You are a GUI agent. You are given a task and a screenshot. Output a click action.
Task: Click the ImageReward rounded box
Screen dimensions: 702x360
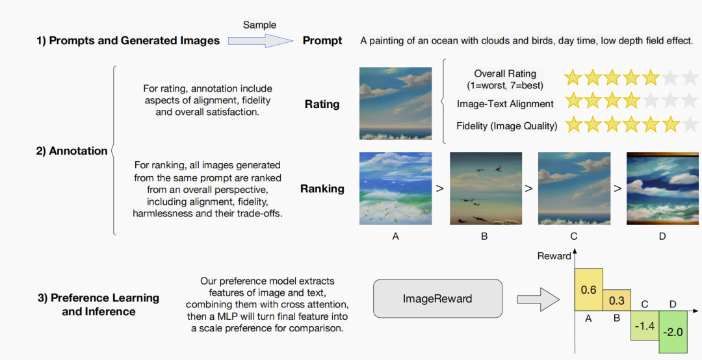(x=437, y=299)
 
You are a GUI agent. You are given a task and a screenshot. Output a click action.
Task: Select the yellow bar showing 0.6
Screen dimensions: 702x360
(x=589, y=290)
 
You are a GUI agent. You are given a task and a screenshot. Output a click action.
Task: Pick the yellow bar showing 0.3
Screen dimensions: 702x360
(x=616, y=300)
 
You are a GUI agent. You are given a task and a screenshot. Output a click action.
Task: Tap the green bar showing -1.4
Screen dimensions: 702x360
(x=645, y=326)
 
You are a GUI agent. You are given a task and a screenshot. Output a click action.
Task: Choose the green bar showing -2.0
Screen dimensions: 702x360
(x=673, y=332)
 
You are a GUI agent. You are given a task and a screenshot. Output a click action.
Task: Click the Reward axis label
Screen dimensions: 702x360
(x=554, y=256)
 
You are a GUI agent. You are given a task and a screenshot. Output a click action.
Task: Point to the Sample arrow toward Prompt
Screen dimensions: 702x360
(x=260, y=41)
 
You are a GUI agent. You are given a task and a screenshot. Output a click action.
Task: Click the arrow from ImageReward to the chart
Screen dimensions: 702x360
(x=538, y=299)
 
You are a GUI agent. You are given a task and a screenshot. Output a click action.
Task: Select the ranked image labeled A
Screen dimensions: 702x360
(x=395, y=188)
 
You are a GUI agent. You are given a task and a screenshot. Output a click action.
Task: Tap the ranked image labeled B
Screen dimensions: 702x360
(x=486, y=188)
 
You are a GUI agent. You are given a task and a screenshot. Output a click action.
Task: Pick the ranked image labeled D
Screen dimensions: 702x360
(x=662, y=188)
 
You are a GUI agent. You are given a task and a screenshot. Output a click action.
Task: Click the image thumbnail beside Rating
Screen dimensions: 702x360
(x=395, y=103)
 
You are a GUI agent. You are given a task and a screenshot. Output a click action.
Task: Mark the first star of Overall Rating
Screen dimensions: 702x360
(x=573, y=77)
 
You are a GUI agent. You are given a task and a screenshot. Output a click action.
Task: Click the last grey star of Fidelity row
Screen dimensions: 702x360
(x=691, y=124)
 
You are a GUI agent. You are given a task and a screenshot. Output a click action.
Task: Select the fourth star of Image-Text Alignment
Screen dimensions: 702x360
(x=631, y=101)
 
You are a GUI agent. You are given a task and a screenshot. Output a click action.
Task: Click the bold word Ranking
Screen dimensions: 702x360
(x=322, y=189)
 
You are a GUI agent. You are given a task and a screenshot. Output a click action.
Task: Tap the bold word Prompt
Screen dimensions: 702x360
(x=322, y=41)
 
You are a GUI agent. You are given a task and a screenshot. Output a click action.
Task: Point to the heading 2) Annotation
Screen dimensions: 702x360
(x=71, y=151)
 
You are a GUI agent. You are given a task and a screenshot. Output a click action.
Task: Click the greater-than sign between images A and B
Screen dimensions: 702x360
(x=440, y=188)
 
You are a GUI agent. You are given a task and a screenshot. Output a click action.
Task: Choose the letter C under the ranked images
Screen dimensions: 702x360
(x=573, y=237)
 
